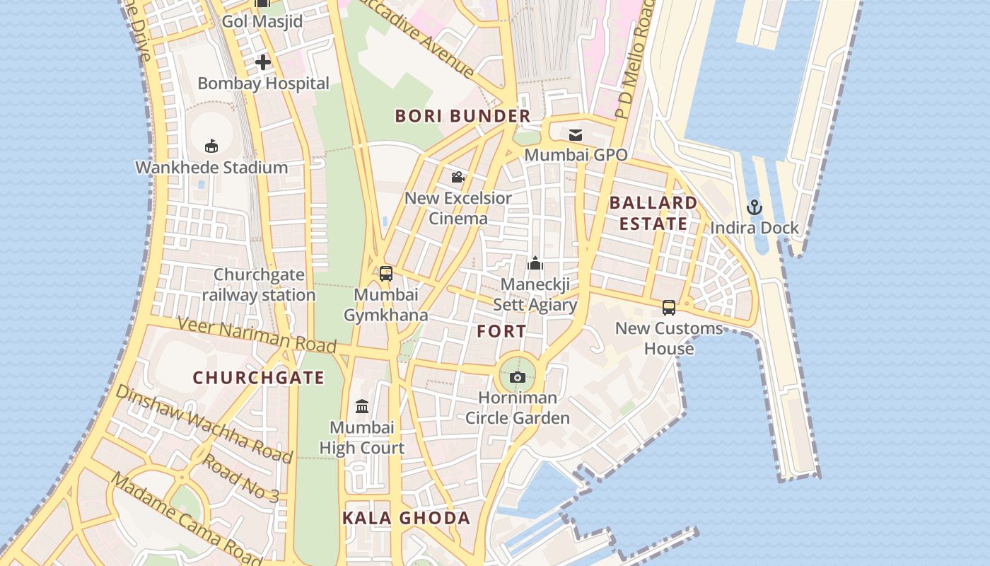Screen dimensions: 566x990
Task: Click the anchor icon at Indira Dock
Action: tap(755, 207)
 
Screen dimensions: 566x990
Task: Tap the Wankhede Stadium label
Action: tap(211, 168)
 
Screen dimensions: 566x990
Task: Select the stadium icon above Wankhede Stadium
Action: tap(211, 146)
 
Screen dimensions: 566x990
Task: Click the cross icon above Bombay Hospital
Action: tap(263, 62)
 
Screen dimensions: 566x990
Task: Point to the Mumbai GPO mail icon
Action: tap(576, 134)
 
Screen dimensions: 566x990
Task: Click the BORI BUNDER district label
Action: tap(462, 116)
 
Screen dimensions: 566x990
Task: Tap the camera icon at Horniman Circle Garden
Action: tap(518, 377)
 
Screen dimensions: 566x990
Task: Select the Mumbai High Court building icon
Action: tap(362, 406)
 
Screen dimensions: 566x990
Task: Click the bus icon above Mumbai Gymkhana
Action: tap(386, 274)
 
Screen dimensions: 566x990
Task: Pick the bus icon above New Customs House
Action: tap(669, 308)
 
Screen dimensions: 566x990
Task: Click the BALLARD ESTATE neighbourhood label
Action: tap(653, 213)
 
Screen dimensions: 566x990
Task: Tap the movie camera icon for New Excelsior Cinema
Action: tap(458, 177)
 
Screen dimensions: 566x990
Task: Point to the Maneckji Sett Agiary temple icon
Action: tap(535, 264)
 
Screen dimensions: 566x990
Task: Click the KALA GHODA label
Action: tap(407, 518)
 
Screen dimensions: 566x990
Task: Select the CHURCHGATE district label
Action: tap(259, 378)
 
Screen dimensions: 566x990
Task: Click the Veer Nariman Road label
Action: tap(256, 335)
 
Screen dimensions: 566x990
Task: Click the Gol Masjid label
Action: tap(262, 21)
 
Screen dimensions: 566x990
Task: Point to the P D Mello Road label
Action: tap(633, 60)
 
